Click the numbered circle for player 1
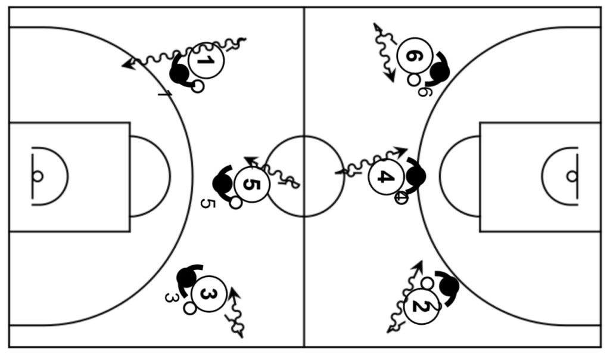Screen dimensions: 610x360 206,60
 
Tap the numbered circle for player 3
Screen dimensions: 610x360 209,294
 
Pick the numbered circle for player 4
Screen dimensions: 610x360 386,176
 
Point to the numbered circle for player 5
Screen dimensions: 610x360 252,185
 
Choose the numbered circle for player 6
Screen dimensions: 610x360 414,55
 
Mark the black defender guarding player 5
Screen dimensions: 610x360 222,183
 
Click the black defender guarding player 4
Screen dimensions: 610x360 415,176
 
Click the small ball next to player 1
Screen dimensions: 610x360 198,86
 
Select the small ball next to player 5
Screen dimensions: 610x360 236,203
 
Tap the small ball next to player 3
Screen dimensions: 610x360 190,308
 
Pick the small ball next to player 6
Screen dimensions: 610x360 413,79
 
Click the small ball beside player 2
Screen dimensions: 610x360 427,283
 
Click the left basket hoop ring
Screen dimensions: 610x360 38,176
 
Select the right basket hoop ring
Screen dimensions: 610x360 572,176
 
